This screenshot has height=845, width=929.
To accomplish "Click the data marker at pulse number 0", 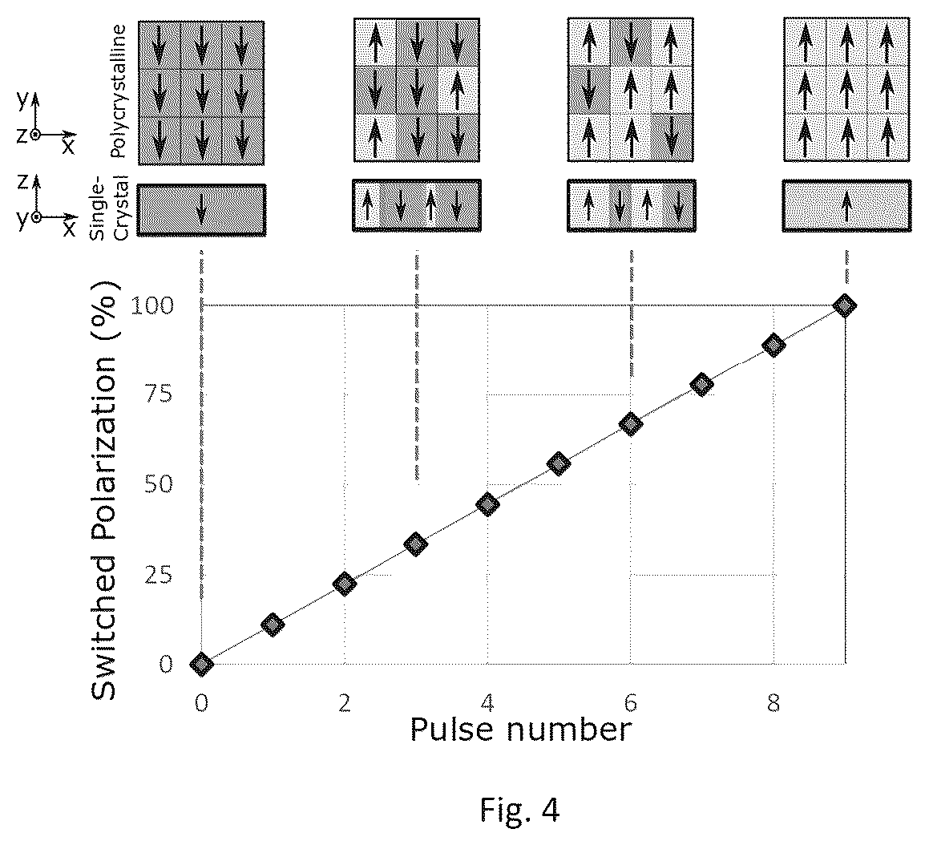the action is (x=201, y=664).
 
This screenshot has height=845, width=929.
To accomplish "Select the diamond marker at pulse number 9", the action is (x=845, y=305).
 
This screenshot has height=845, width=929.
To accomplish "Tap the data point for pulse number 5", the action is (x=559, y=463).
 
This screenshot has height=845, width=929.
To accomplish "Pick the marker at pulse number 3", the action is (x=416, y=544).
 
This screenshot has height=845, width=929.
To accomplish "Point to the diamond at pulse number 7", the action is (x=702, y=385).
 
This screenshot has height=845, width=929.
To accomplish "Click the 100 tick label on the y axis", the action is (x=151, y=305).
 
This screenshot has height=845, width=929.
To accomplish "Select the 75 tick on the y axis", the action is (x=159, y=394).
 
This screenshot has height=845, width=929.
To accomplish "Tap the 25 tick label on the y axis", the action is (x=159, y=574).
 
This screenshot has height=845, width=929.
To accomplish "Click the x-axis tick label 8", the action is (x=773, y=703).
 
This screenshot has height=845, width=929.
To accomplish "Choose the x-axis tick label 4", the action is (x=487, y=703).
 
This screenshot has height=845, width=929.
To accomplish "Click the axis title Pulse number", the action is (x=520, y=730).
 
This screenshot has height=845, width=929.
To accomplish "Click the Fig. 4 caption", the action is (x=519, y=810).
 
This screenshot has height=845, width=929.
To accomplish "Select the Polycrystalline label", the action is (x=119, y=91).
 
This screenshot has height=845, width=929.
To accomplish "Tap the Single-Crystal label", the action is (x=110, y=208).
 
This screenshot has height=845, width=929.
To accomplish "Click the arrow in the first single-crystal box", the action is (x=201, y=210).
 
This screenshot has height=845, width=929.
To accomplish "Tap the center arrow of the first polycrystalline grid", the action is (x=201, y=92).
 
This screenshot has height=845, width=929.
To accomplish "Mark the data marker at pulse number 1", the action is (x=273, y=624).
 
